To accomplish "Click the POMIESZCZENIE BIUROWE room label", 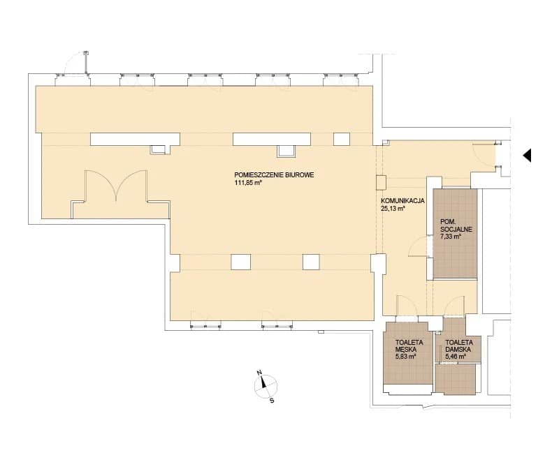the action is [274, 175].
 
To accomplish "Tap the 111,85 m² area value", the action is [249, 183].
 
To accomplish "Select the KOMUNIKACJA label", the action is [402, 201].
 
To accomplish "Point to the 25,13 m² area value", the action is [393, 209].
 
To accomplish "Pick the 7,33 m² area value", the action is [451, 237].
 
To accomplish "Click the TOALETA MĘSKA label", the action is [409, 345].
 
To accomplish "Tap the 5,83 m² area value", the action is [406, 357].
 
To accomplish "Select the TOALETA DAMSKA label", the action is [459, 345].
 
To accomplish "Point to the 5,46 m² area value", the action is [456, 357].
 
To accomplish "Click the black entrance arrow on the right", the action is [527, 155].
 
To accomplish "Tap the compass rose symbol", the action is [266, 387].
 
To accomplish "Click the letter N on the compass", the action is [259, 373].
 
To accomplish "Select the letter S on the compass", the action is [272, 401].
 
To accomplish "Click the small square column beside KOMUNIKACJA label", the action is [381, 182].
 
